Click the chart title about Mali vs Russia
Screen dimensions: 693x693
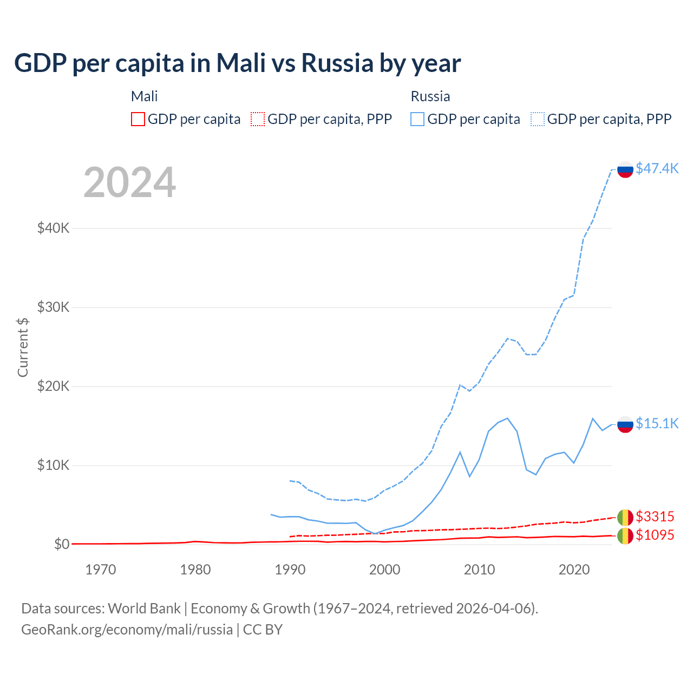[x=237, y=63]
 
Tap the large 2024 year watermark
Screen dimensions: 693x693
[x=129, y=182]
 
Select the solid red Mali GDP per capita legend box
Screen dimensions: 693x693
[x=138, y=119]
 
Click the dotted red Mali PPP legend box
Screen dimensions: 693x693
[x=258, y=119]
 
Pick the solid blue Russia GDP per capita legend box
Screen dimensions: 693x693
[x=417, y=119]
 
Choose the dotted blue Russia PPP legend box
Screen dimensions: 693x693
[x=538, y=119]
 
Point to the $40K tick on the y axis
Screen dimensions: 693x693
[x=53, y=228]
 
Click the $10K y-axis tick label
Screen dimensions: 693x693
[x=53, y=465]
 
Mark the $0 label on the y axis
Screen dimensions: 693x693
[x=61, y=544]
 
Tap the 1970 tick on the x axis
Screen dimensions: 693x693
[x=101, y=570]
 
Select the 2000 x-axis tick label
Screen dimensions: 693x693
[x=384, y=570]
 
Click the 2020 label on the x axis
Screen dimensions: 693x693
[x=574, y=570]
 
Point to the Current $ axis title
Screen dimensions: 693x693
[x=23, y=347]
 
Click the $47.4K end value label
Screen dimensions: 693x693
[x=657, y=168]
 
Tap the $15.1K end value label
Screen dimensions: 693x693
[x=657, y=423]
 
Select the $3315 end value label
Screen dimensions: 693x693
[x=655, y=517]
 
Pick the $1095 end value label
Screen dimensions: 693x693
[x=655, y=535]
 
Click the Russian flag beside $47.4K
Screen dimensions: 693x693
[x=625, y=169]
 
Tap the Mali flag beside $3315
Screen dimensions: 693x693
[x=625, y=518]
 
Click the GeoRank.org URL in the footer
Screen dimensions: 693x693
[x=127, y=630]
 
